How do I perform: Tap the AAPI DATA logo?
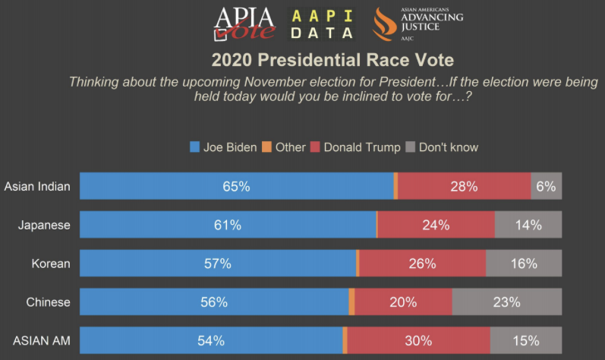pyautogui.click(x=323, y=24)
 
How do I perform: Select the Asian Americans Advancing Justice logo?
pyautogui.click(x=417, y=24)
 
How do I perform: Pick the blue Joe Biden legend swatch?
pyautogui.click(x=194, y=147)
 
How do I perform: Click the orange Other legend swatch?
pyautogui.click(x=266, y=147)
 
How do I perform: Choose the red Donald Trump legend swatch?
pyautogui.click(x=315, y=147)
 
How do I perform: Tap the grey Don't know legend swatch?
pyautogui.click(x=411, y=147)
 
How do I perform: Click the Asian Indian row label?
pyautogui.click(x=37, y=186)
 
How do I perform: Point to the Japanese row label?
pyautogui.click(x=47, y=225)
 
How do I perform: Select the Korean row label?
pyautogui.click(x=51, y=264)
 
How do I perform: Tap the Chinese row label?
pyautogui.click(x=48, y=302)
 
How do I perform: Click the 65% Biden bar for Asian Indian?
pyautogui.click(x=236, y=186)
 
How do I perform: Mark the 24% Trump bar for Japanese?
pyautogui.click(x=436, y=225)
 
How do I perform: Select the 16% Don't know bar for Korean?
pyautogui.click(x=524, y=264)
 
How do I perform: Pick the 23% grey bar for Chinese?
pyautogui.click(x=506, y=302)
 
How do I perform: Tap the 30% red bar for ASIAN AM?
pyautogui.click(x=418, y=341)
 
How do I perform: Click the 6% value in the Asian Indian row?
pyautogui.click(x=546, y=186)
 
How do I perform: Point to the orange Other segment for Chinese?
pyautogui.click(x=351, y=302)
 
